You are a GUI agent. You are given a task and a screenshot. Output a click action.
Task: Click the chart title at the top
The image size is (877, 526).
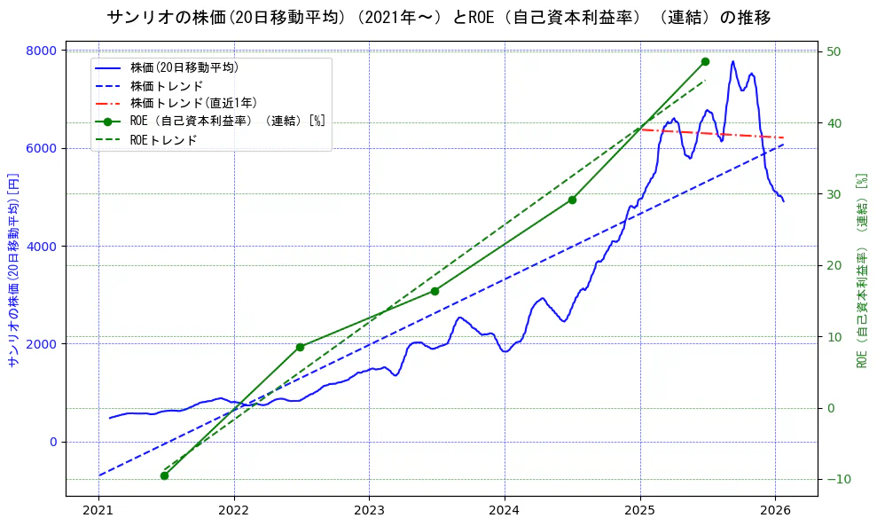(438, 17)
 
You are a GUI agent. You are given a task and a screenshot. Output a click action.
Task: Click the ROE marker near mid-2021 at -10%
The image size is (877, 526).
(164, 475)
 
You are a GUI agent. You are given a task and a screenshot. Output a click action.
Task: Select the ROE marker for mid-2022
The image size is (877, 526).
(300, 347)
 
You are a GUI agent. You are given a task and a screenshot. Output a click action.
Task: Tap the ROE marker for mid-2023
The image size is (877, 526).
(435, 291)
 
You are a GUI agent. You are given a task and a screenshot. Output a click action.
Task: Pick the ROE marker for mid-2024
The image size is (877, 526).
(572, 200)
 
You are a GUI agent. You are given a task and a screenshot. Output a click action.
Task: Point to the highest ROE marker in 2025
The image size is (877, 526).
(705, 61)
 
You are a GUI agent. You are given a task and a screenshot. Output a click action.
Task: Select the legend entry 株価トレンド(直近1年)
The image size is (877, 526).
(193, 103)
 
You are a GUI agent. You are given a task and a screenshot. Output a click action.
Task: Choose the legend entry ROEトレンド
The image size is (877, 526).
(163, 140)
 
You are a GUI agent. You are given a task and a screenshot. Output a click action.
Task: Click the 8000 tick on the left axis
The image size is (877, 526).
(40, 51)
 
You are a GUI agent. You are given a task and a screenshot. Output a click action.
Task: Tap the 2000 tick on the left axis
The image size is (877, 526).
(40, 344)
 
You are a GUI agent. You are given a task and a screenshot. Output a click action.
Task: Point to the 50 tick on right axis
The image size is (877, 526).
(834, 51)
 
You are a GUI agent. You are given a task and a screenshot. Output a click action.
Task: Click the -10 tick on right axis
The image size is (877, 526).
(836, 479)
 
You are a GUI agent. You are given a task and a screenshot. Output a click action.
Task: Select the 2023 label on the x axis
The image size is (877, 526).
(369, 510)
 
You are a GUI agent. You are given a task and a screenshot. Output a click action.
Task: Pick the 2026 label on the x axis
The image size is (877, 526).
(775, 510)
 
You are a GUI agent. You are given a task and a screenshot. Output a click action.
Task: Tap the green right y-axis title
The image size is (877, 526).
(861, 271)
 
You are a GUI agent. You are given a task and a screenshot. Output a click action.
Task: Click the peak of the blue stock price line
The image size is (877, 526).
(732, 61)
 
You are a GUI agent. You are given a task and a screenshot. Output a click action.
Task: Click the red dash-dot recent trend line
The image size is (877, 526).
(709, 133)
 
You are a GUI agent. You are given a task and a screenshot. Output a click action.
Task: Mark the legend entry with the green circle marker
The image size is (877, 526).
(227, 122)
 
